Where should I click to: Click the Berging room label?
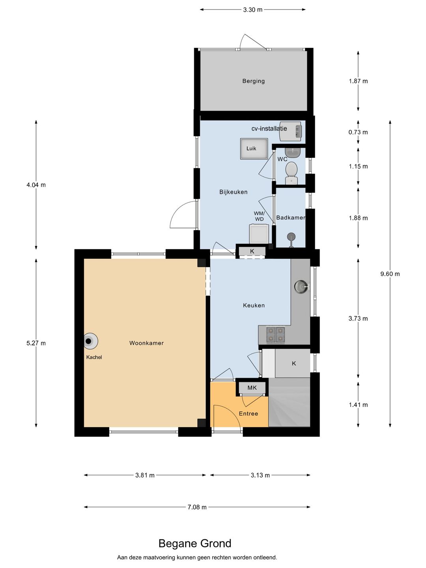(x=253, y=81)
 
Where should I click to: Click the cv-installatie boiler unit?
(x=291, y=131)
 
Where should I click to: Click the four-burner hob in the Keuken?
(x=275, y=334)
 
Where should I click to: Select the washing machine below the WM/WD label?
(x=259, y=234)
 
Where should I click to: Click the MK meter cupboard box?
(x=252, y=388)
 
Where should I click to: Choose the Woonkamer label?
(x=146, y=343)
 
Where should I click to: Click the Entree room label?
(x=248, y=413)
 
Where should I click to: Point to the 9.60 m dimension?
(x=390, y=274)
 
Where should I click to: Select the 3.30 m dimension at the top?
(x=252, y=9)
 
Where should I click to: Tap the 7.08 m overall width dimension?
(x=197, y=507)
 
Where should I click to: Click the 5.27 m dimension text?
(x=36, y=343)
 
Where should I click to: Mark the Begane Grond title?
(x=195, y=544)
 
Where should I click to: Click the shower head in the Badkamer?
(x=291, y=237)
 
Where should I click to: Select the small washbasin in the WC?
(x=293, y=152)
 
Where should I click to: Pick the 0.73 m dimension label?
(x=358, y=132)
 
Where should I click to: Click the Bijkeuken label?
(x=234, y=192)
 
